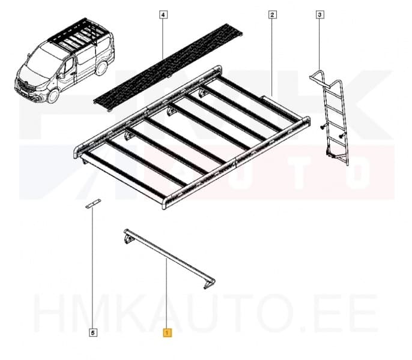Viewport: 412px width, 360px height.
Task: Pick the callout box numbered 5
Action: (92, 331)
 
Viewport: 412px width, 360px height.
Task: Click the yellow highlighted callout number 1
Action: (167, 331)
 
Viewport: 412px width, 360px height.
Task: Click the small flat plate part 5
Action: (92, 205)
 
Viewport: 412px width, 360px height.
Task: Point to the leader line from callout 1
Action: (167, 294)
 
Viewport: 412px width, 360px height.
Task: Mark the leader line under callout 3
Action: (320, 45)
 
